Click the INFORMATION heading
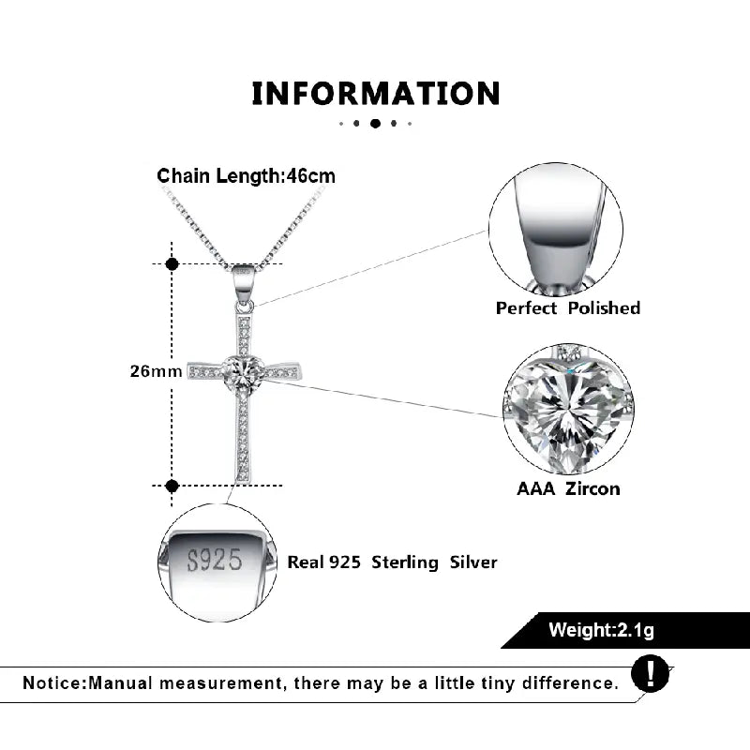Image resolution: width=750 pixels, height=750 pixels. [376, 93]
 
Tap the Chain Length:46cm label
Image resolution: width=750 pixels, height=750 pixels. [246, 176]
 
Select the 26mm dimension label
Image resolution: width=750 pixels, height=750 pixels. [156, 371]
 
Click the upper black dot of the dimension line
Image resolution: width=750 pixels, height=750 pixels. [172, 263]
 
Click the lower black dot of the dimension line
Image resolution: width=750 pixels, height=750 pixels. [172, 486]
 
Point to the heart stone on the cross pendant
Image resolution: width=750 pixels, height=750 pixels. [244, 372]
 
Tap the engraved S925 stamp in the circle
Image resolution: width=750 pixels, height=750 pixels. [215, 560]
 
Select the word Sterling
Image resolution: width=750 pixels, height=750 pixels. [405, 563]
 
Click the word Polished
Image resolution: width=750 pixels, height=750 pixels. [604, 308]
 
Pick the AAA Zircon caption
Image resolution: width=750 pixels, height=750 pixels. [568, 488]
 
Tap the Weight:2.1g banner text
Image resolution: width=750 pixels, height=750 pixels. [601, 630]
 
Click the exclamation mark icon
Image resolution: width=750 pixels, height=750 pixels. [650, 673]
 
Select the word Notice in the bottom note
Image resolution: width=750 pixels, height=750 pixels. [53, 683]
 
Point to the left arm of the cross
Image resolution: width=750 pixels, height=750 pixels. [205, 370]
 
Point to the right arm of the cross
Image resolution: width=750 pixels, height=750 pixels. [284, 371]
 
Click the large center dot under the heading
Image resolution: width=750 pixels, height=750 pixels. [376, 124]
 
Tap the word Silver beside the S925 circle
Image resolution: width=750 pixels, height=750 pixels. [473, 562]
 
